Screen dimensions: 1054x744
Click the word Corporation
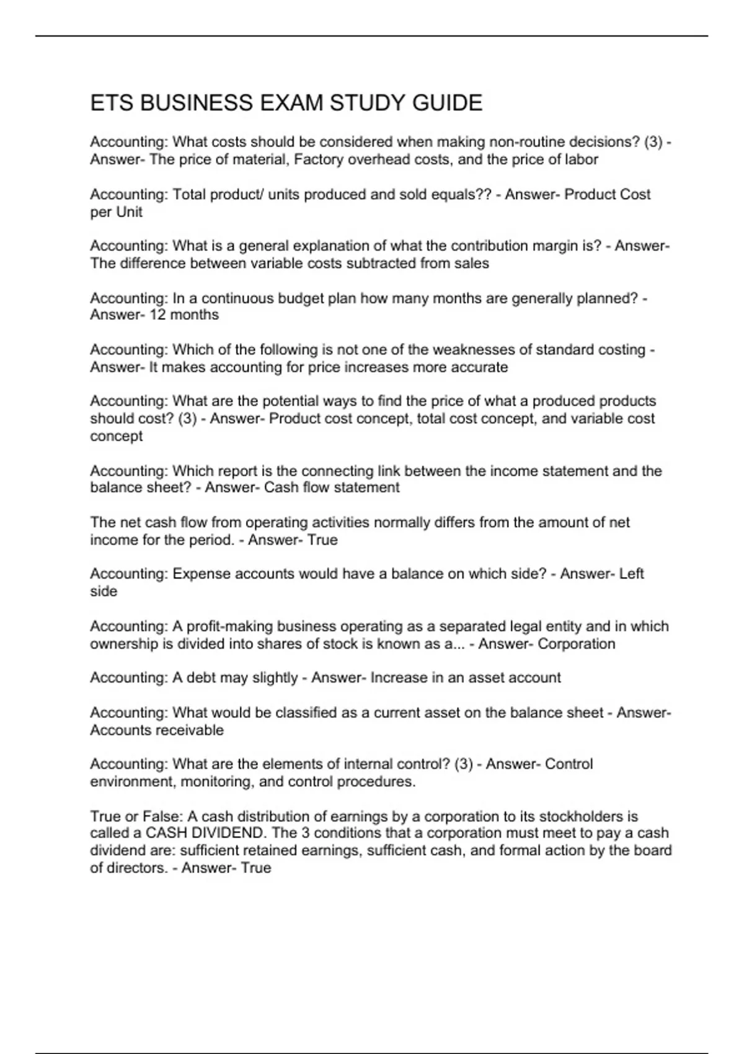[577, 644]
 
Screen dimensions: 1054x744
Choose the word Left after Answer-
[631, 574]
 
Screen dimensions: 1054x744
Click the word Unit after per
[130, 212]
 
